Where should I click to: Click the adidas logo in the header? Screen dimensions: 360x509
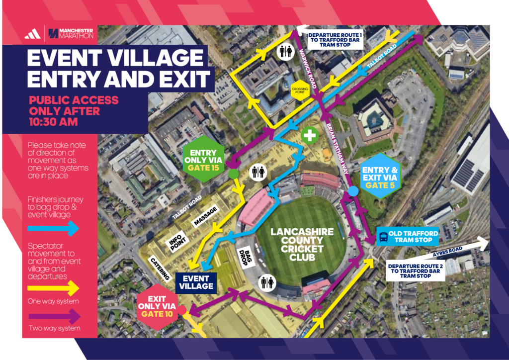[x=32, y=34]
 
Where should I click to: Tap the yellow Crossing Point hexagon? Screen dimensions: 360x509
[x=299, y=90]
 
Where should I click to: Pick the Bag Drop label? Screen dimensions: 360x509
[x=247, y=257]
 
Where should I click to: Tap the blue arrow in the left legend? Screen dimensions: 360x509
[x=54, y=228]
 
